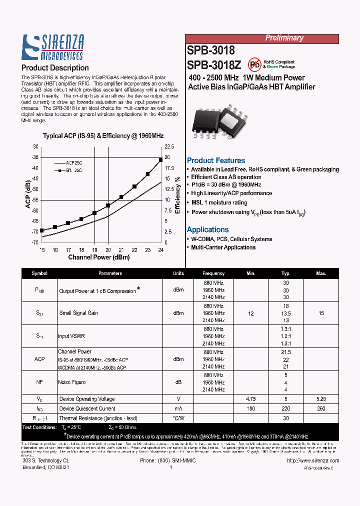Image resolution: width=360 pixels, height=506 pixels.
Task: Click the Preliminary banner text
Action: tap(284, 38)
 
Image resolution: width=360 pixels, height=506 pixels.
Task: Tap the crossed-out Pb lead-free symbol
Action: tap(255, 64)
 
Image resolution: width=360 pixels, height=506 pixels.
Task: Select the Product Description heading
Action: tap(55, 67)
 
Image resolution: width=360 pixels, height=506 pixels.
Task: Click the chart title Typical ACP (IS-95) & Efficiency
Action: tap(103, 135)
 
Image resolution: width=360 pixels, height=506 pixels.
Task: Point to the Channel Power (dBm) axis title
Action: tap(99, 257)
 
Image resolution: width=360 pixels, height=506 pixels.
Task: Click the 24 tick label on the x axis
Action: tap(161, 249)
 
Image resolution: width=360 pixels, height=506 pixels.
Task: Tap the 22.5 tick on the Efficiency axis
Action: tap(169, 146)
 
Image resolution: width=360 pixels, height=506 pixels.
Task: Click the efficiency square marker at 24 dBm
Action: tap(161, 159)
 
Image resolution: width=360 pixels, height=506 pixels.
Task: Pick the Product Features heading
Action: tap(216, 160)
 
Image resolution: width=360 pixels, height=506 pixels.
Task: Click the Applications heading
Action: tap(207, 229)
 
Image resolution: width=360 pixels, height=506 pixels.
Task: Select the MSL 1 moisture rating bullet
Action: tap(219, 202)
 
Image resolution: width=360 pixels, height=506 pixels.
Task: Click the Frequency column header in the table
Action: tap(213, 273)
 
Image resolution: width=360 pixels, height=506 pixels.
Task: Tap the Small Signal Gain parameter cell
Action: tap(78, 313)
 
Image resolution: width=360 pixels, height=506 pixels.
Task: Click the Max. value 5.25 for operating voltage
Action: tap(321, 399)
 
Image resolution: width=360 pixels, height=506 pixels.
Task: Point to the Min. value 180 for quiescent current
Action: tap(251, 408)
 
